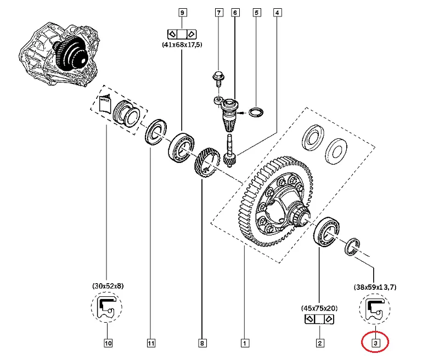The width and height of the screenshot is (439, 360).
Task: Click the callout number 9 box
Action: point(182,12)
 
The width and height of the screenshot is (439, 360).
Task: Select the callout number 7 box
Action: point(219,12)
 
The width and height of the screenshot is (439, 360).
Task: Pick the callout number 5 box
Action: point(256,12)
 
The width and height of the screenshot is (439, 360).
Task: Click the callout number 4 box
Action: point(277,12)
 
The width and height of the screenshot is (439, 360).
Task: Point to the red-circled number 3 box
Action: point(375,344)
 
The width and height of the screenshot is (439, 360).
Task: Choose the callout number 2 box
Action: point(319,344)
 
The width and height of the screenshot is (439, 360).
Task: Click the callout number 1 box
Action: point(243,344)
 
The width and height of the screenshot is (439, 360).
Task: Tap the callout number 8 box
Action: point(202,344)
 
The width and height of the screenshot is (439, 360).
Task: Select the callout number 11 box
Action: point(150,344)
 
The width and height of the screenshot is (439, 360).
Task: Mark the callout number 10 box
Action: point(108,344)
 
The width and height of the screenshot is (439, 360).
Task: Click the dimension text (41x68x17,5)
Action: point(182,44)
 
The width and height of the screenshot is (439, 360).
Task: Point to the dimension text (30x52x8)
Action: point(108,286)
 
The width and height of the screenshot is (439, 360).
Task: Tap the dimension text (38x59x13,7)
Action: point(375,286)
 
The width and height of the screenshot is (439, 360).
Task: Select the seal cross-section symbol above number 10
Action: point(108,310)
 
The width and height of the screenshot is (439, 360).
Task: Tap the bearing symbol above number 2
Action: point(319,319)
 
